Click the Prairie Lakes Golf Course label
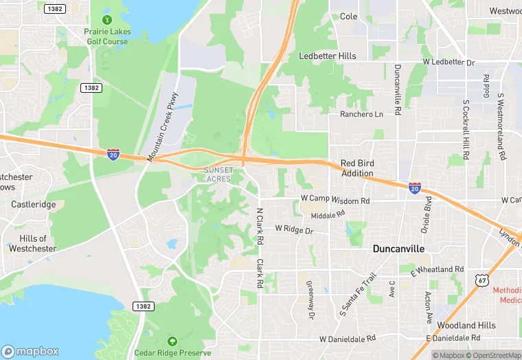tap(106, 36)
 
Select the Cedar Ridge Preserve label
tap(171, 353)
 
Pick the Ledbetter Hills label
tap(328, 56)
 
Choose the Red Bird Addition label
tap(357, 169)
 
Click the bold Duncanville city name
tap(398, 249)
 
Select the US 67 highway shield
tap(482, 280)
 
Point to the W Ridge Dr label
tap(294, 229)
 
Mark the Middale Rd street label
tap(327, 215)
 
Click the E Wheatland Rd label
tap(437, 270)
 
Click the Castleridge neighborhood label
tap(34, 205)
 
